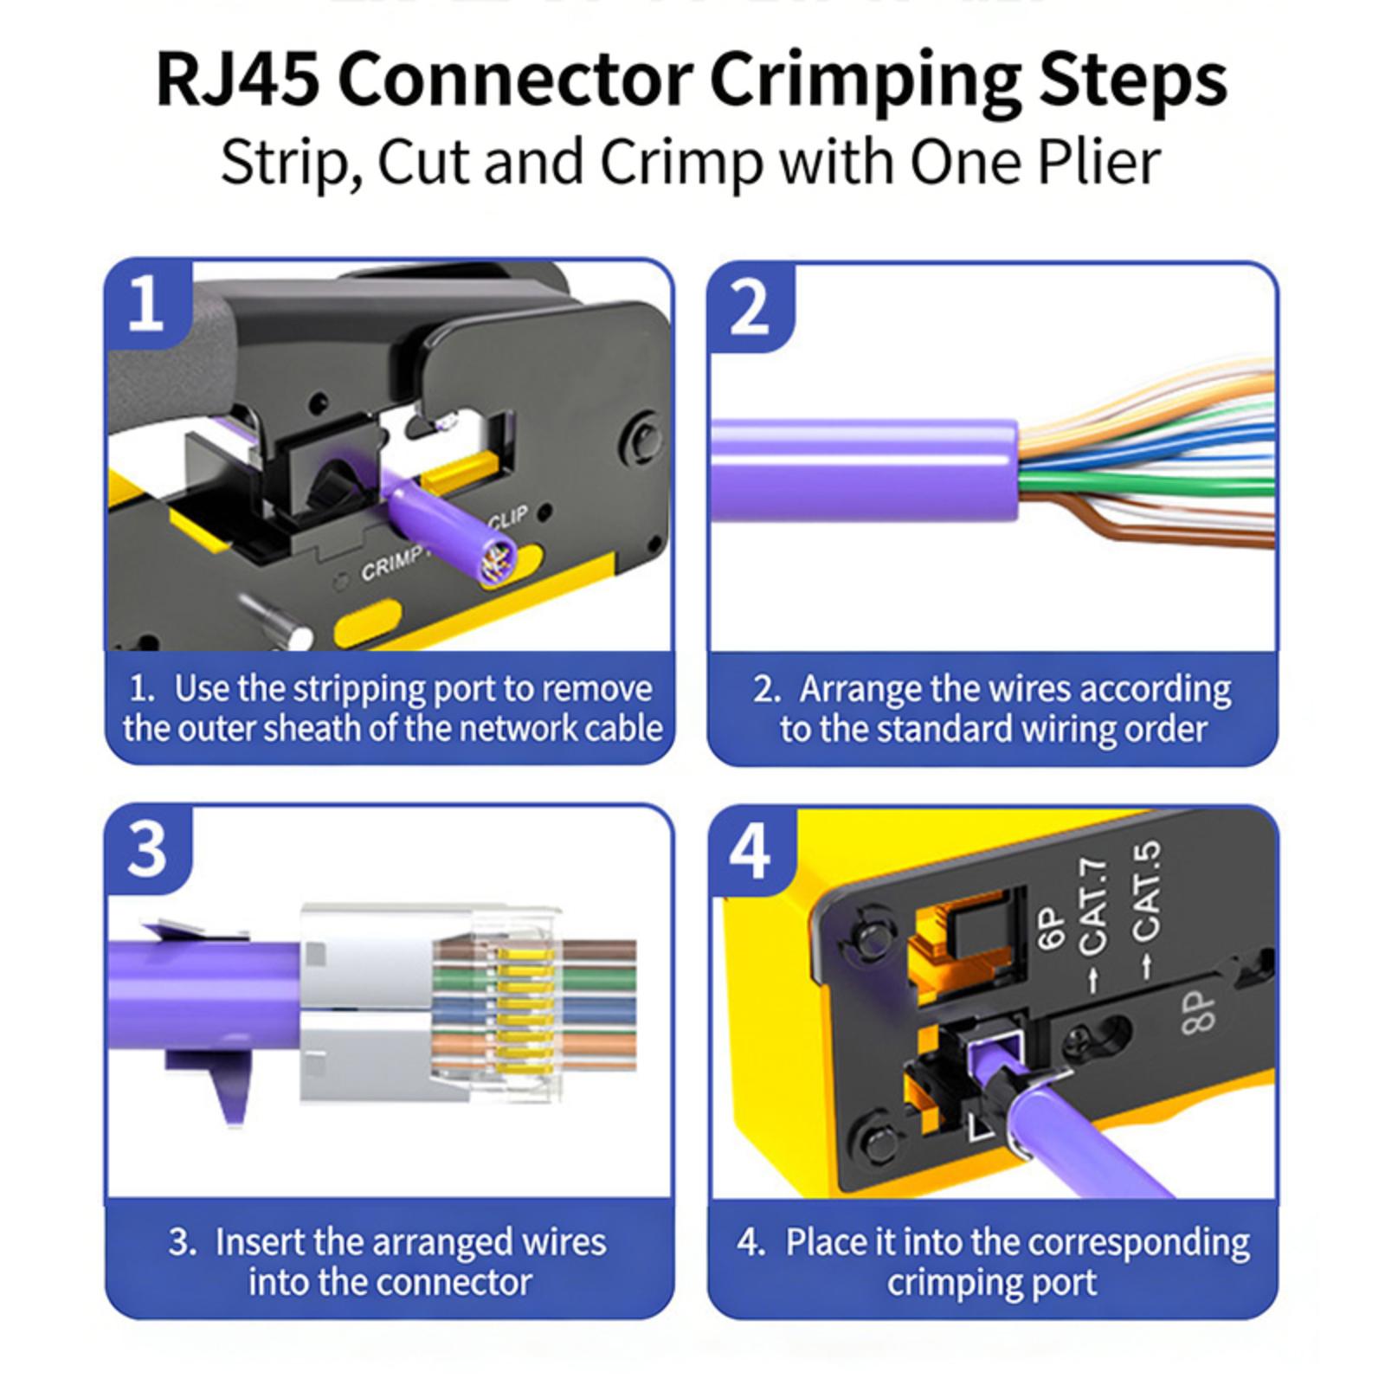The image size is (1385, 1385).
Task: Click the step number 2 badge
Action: (x=748, y=306)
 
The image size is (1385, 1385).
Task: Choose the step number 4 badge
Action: (x=749, y=852)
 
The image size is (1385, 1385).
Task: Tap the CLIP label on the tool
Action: (x=507, y=518)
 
